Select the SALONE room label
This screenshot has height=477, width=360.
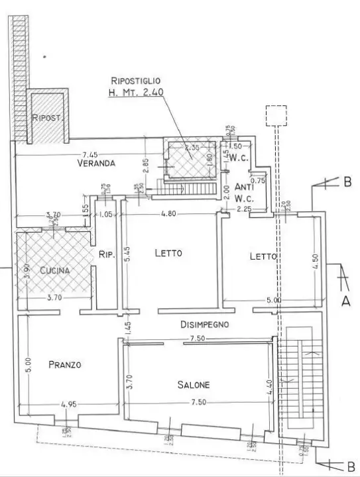pyautogui.click(x=194, y=385)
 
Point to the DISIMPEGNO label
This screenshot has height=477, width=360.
pyautogui.click(x=205, y=325)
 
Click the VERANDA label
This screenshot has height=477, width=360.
pyautogui.click(x=96, y=162)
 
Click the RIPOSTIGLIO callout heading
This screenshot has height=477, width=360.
pyautogui.click(x=135, y=80)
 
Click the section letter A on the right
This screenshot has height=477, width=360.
pyautogui.click(x=345, y=300)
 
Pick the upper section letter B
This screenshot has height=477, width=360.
pyautogui.click(x=347, y=183)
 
